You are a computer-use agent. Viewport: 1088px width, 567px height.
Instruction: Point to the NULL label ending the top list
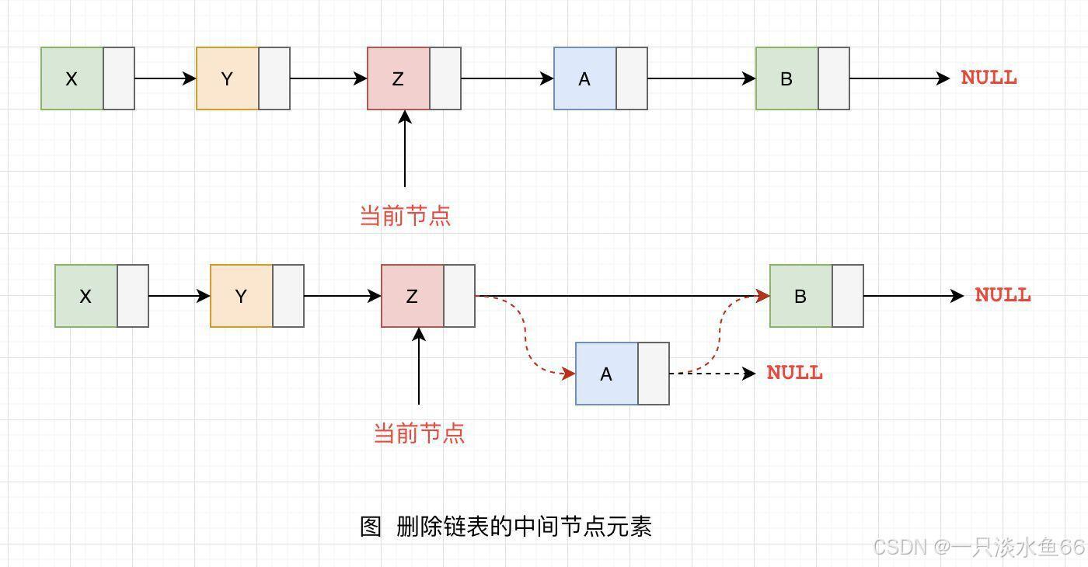989,78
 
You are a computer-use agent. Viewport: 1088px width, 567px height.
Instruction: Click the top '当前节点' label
405,216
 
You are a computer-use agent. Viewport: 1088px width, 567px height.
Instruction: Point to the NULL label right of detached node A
794,373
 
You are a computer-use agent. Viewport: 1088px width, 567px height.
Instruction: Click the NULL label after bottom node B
1003,295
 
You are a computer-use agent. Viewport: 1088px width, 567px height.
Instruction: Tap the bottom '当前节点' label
419,433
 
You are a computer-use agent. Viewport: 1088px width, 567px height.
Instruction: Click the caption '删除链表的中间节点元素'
524,527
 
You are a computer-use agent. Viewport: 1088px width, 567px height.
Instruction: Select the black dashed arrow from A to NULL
713,374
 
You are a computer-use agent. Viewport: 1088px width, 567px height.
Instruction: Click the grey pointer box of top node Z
445,78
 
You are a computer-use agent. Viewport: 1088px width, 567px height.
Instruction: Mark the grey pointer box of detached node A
654,374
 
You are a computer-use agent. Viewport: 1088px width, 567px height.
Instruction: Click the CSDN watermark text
978,548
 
